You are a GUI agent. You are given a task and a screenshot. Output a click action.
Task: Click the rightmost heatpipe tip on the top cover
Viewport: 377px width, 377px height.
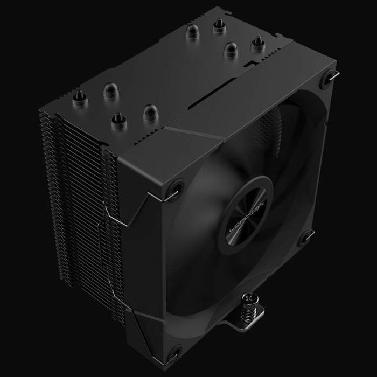(257, 43)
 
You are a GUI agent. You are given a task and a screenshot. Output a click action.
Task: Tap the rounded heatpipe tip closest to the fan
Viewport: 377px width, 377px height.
(148, 112)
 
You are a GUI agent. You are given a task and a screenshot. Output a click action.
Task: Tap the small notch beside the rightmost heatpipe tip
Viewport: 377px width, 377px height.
(248, 64)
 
